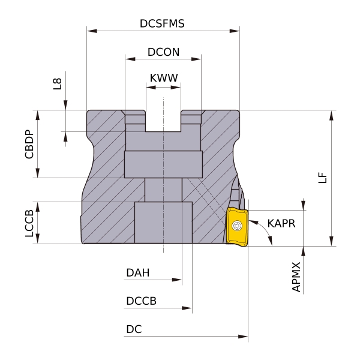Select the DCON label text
click(163, 52)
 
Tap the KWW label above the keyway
click(163, 79)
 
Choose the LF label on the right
click(323, 178)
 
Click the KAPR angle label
click(281, 223)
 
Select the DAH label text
click(137, 273)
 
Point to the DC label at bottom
click(134, 329)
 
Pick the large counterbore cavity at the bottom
click(163, 223)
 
